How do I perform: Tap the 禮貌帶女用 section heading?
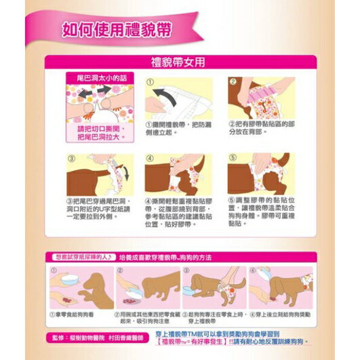coord(180,61)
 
